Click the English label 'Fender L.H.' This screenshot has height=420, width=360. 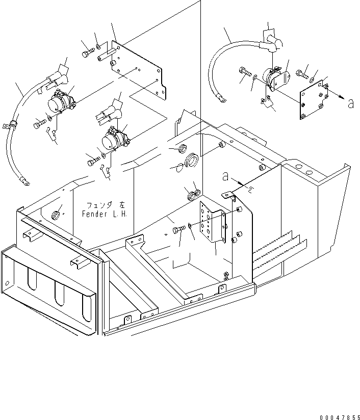click(x=107, y=214)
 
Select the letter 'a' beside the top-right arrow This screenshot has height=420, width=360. click(x=350, y=104)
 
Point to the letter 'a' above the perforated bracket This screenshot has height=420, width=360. click(x=224, y=177)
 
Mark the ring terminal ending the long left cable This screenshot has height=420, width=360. click(x=23, y=179)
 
